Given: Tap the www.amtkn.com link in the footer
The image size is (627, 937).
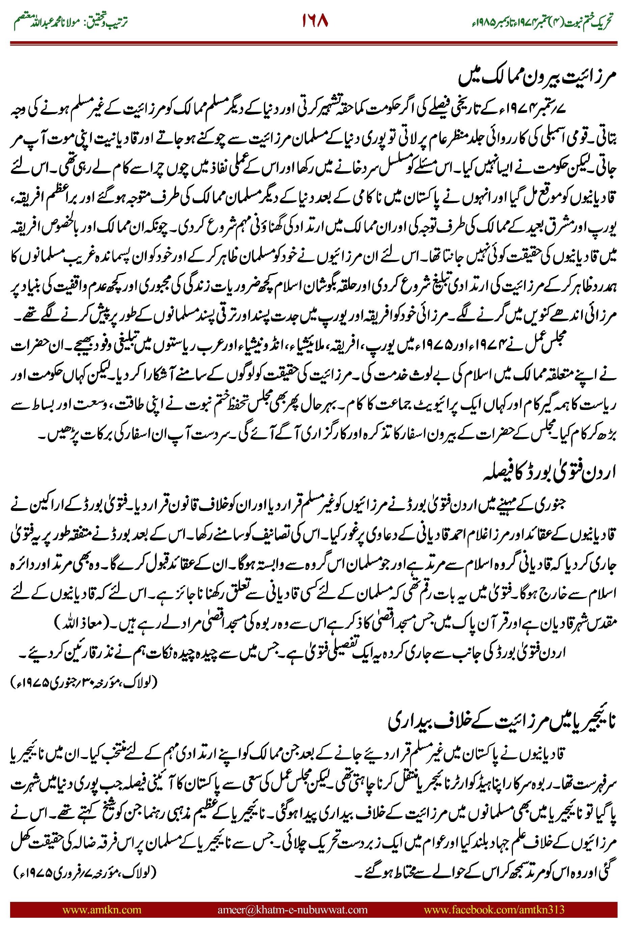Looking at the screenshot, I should [102, 910].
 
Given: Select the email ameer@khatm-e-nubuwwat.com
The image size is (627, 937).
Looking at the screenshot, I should [292, 910].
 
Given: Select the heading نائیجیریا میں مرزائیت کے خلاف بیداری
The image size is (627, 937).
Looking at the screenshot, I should [501, 721].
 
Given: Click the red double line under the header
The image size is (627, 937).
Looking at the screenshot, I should [313, 43].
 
